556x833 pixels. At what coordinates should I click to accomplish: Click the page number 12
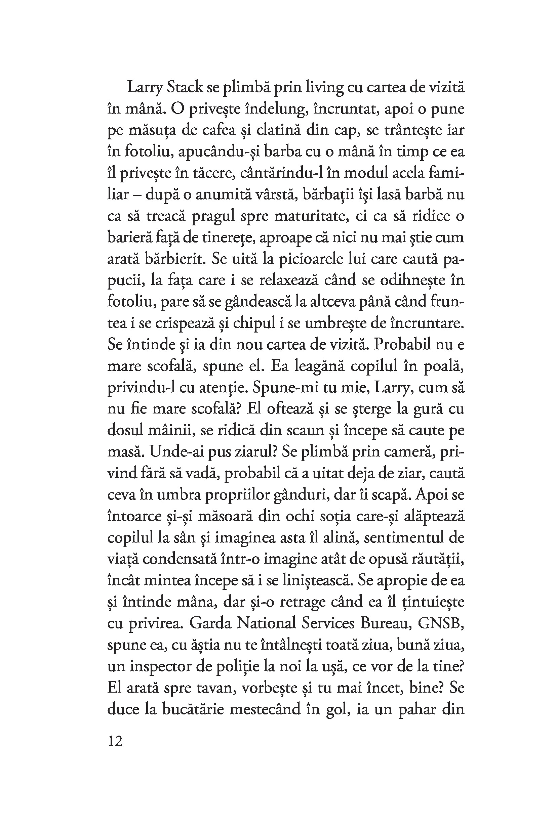(x=115, y=741)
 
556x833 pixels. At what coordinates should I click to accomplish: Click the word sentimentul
(x=401, y=537)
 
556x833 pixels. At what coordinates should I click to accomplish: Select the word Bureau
(x=386, y=623)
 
